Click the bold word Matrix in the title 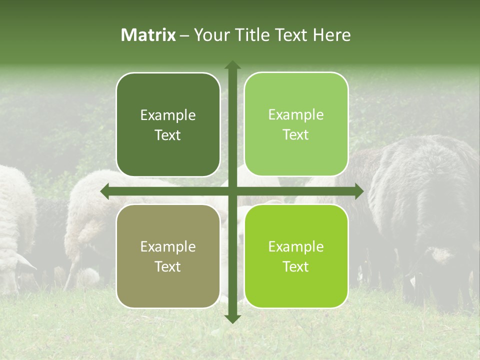(x=148, y=35)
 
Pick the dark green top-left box (x=168, y=124)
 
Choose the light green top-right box (x=296, y=124)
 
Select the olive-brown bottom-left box (x=168, y=256)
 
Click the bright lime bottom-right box (x=296, y=256)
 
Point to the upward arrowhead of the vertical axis (x=232, y=65)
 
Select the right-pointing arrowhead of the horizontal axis (x=358, y=191)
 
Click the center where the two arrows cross (x=232, y=191)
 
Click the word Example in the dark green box (x=168, y=115)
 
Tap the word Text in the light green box (x=296, y=135)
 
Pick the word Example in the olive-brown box (x=168, y=247)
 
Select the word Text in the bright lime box (x=296, y=266)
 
